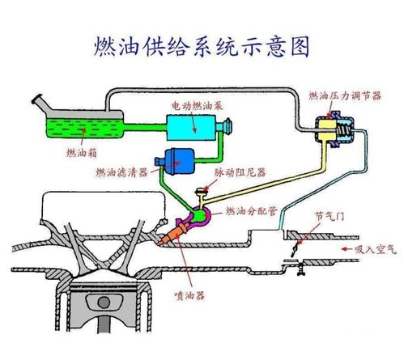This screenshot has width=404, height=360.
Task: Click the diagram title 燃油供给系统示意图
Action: (202, 47)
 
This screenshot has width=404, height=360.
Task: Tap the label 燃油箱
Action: (82, 153)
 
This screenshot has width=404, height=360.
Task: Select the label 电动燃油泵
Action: (198, 106)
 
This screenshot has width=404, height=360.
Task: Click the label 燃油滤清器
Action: (122, 172)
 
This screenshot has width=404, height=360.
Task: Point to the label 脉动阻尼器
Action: (240, 172)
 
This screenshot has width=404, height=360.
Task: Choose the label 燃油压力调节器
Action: (345, 95)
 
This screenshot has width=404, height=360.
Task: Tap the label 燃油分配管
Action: (251, 211)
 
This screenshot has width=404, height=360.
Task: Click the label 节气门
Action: (330, 216)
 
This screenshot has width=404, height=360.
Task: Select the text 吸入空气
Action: (376, 249)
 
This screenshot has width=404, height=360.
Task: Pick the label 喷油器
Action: (189, 296)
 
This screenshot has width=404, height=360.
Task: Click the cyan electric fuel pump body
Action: (191, 128)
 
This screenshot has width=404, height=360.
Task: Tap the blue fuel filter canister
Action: (179, 162)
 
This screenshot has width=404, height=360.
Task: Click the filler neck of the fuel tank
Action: (41, 104)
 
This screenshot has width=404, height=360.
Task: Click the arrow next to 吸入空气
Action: (347, 249)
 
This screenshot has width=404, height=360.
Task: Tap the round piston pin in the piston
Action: (104, 303)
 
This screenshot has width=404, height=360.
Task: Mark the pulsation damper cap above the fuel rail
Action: (202, 191)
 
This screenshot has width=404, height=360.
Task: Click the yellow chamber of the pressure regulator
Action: (327, 129)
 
